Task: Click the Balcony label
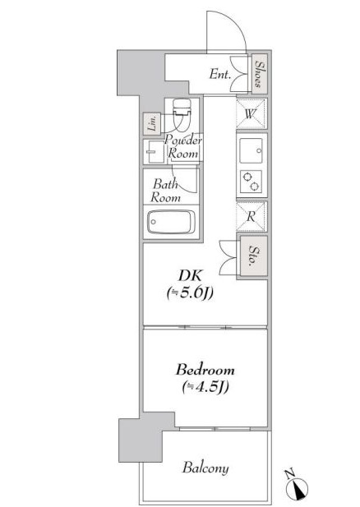click(x=205, y=468)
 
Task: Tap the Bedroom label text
click(x=205, y=370)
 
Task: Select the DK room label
click(x=190, y=276)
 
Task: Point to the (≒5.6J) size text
click(x=190, y=293)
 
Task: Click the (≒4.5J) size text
click(x=205, y=387)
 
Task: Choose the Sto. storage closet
click(x=254, y=256)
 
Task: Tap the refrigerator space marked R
click(x=252, y=216)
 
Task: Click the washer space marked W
click(x=252, y=113)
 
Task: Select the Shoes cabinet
click(x=260, y=74)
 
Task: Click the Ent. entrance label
click(x=220, y=74)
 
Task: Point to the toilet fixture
click(x=182, y=115)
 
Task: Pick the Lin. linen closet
click(x=152, y=123)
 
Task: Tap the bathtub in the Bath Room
click(x=171, y=222)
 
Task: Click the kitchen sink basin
click(x=251, y=150)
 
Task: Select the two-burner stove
click(x=251, y=182)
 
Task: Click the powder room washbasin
click(x=155, y=152)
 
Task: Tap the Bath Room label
click(x=165, y=191)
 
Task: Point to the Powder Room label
click(x=183, y=146)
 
